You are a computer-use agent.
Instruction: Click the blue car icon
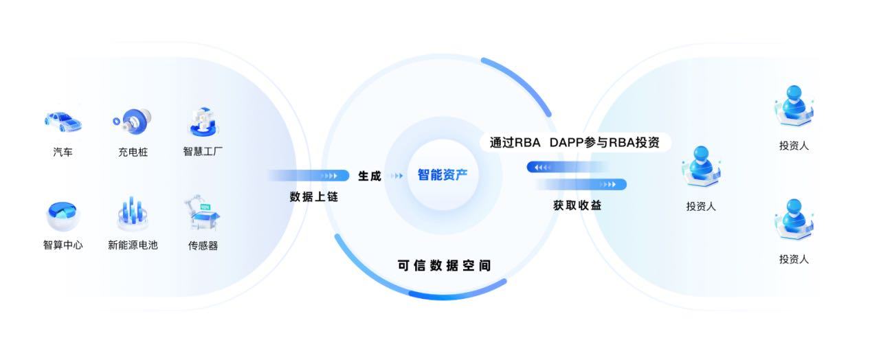(63, 122)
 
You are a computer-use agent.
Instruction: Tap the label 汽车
(63, 152)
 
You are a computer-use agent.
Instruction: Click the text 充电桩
(133, 152)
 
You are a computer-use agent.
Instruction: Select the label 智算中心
(63, 245)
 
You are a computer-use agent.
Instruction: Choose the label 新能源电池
(133, 245)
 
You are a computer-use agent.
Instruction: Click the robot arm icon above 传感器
(203, 214)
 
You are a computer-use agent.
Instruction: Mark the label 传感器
(203, 245)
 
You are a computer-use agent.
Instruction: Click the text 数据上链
(314, 196)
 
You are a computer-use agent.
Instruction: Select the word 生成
(370, 176)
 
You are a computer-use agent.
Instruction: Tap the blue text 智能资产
(443, 175)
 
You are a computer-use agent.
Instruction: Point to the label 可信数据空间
(445, 265)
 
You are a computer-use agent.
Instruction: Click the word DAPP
(567, 143)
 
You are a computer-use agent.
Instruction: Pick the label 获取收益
(577, 205)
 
